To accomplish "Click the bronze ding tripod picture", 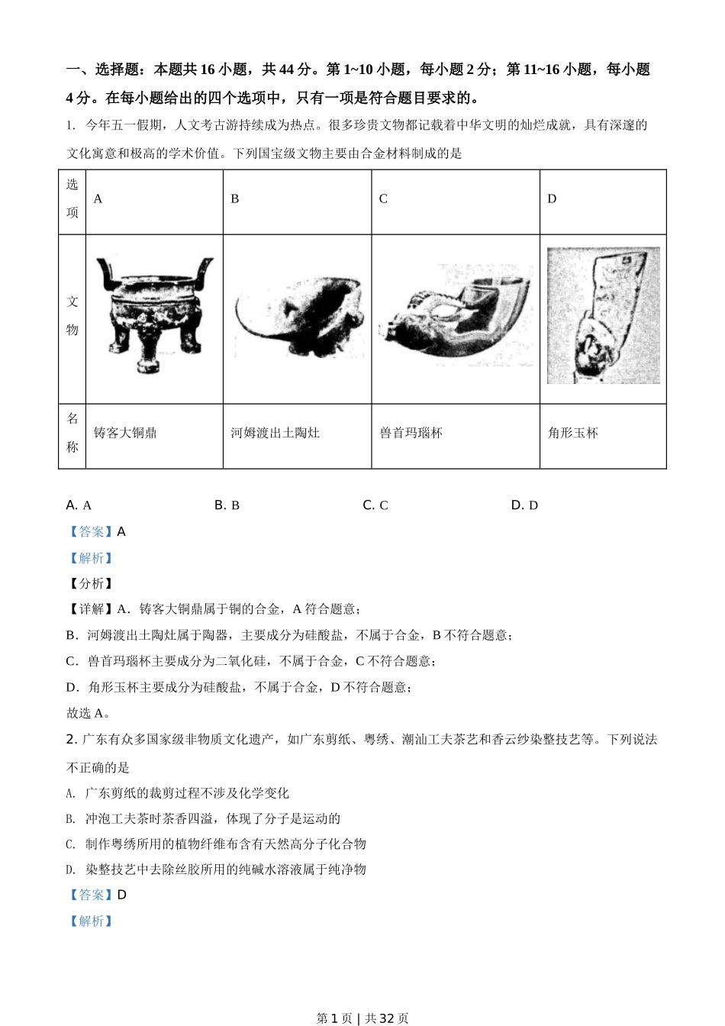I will click(154, 315).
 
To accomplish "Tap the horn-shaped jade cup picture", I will click(603, 315).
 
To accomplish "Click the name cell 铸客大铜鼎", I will click(125, 433).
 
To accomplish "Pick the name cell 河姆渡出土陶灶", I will click(275, 433).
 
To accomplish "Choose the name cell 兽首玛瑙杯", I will click(411, 433).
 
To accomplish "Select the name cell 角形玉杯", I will click(573, 433).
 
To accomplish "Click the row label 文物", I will click(72, 316).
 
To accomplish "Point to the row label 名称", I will click(72, 433).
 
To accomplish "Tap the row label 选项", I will click(72, 198).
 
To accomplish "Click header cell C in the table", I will click(383, 198).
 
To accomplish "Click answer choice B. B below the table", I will click(227, 505).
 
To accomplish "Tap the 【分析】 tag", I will click(91, 583).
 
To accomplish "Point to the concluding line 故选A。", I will click(89, 713).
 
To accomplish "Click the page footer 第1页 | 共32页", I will click(362, 1018).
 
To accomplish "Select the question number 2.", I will click(70, 739).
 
